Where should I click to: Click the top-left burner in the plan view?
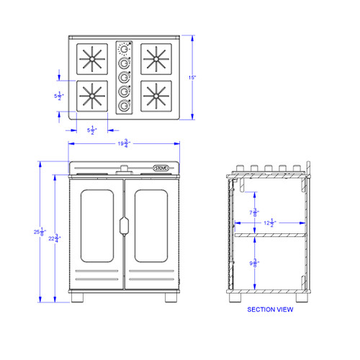tap(92, 58)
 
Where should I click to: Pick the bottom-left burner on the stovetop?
tap(92, 96)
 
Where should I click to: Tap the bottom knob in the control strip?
tap(125, 107)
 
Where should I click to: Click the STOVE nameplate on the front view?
tap(161, 168)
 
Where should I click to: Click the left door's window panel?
tap(96, 226)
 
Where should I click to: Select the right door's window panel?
tap(152, 226)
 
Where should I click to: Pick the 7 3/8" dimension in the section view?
tap(254, 213)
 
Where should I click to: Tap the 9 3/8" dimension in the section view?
tap(254, 264)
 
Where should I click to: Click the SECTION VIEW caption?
tap(269, 310)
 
